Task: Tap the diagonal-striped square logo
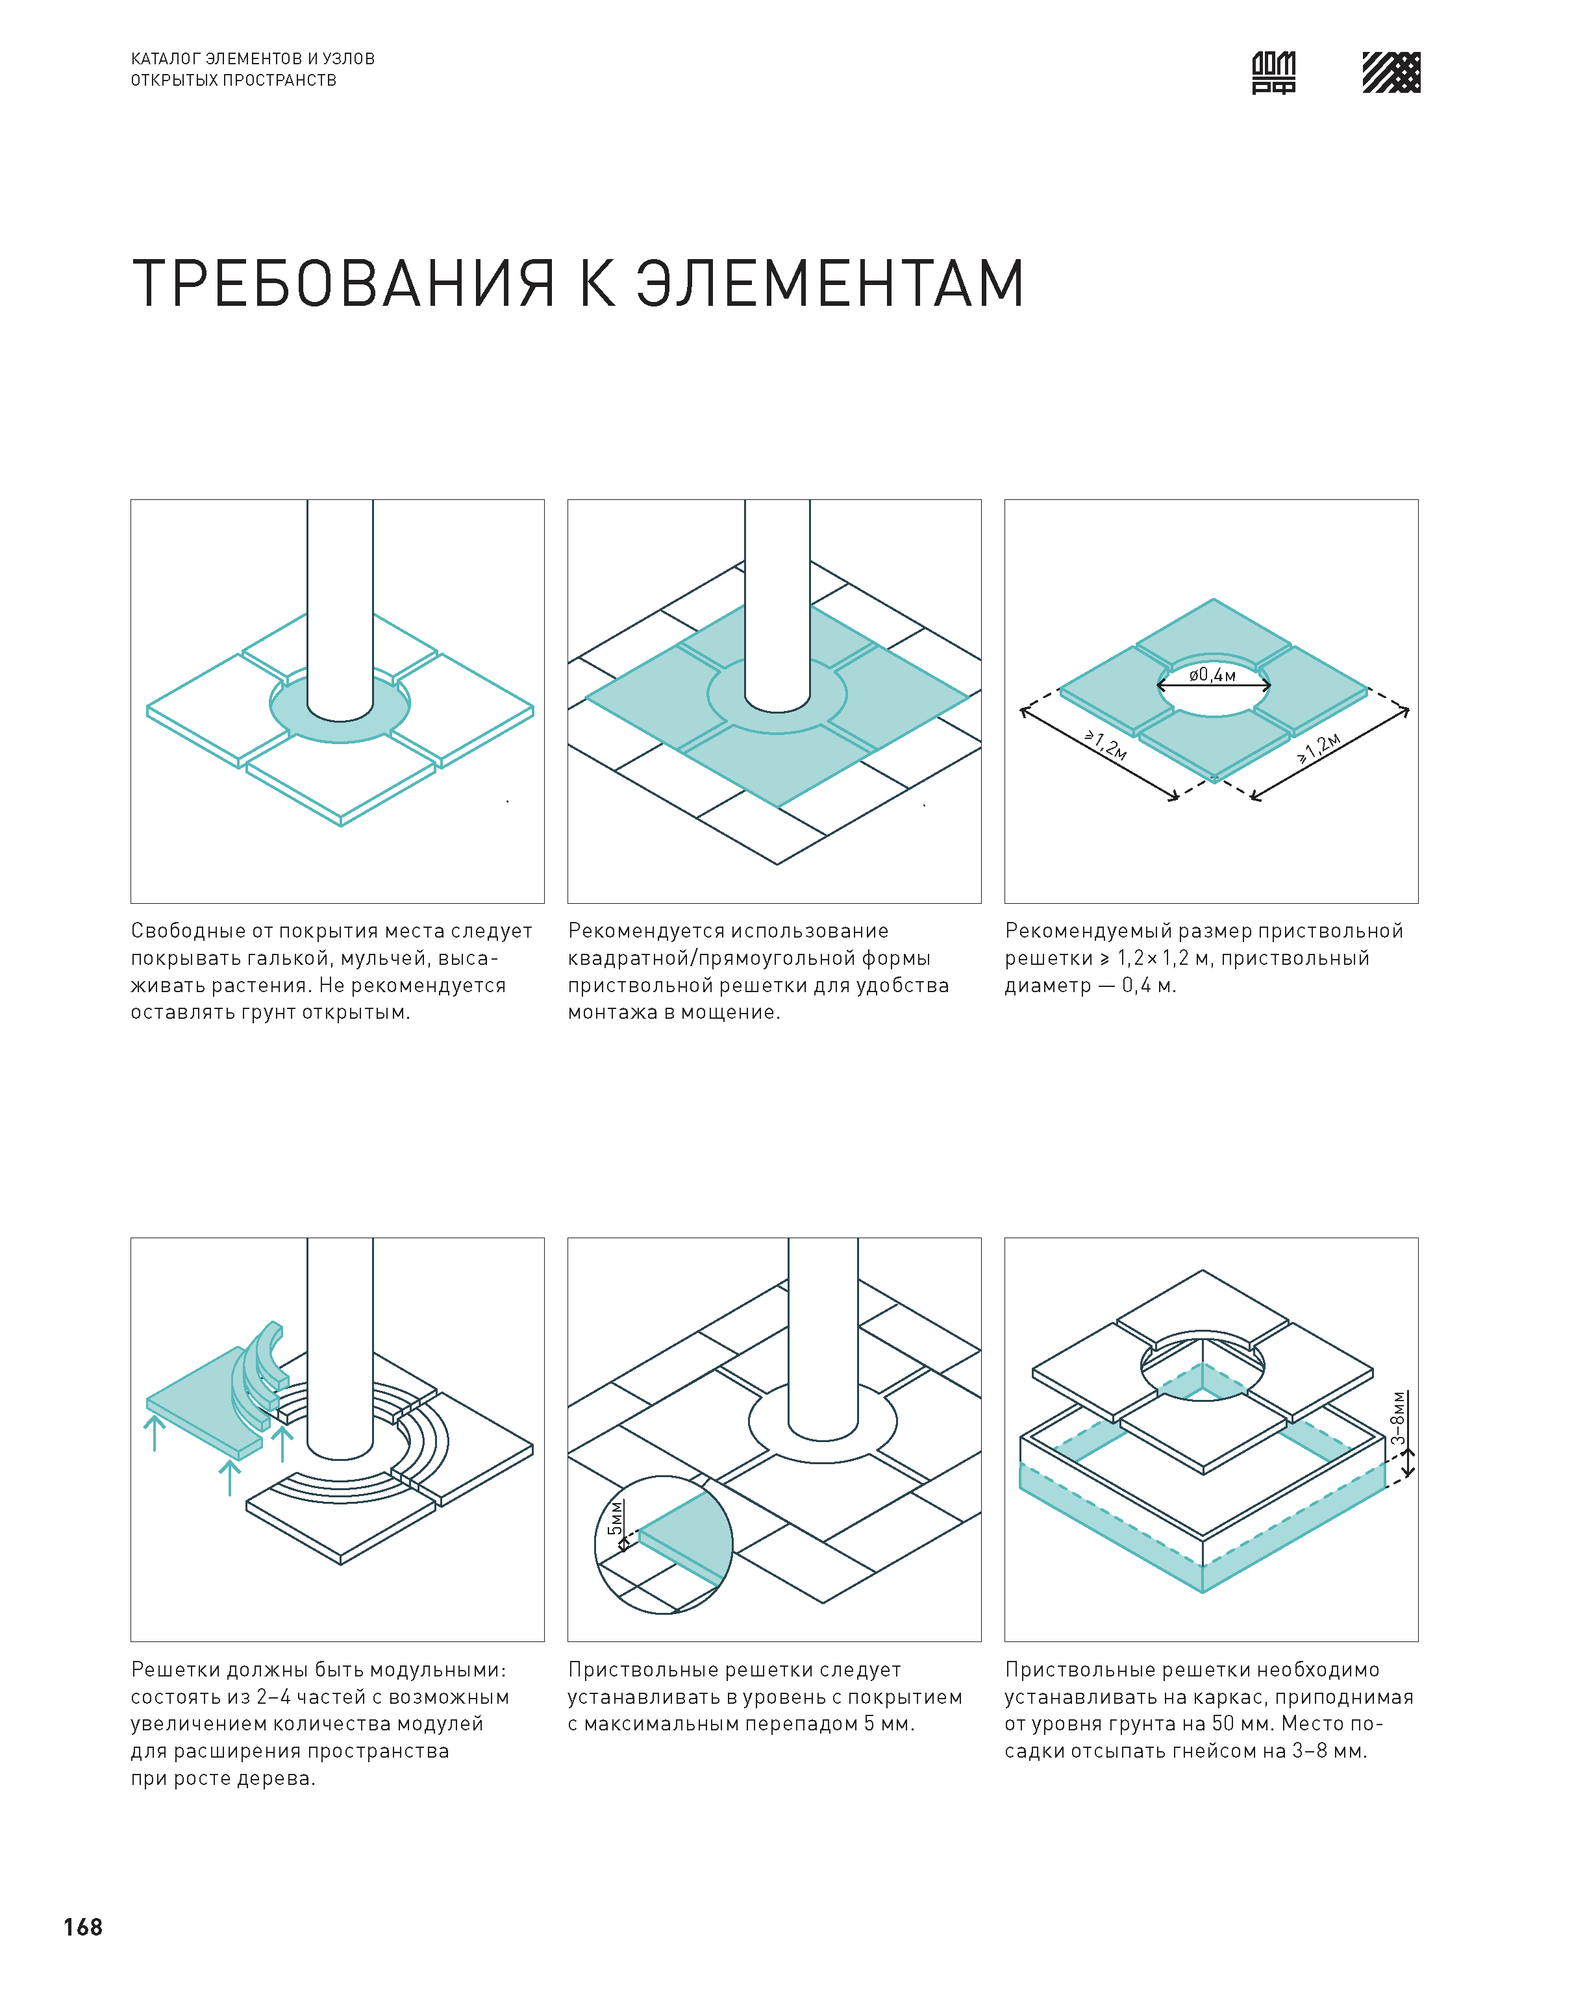click(x=1391, y=72)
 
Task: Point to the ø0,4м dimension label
click(x=1212, y=675)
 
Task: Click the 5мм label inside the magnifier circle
click(x=616, y=1518)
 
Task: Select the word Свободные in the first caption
click(x=187, y=931)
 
